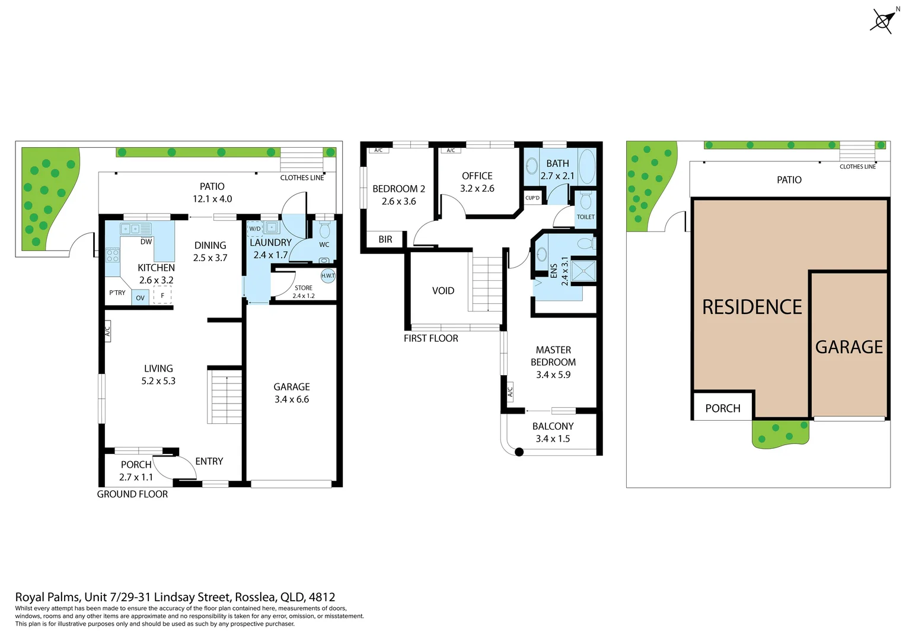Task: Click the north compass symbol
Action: tap(882, 21)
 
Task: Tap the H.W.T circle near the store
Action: tap(328, 276)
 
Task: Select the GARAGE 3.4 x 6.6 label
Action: tap(291, 393)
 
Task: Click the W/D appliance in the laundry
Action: tap(255, 229)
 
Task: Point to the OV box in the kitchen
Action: tap(140, 298)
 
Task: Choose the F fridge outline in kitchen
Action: tap(162, 295)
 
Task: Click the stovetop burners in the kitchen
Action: tap(112, 256)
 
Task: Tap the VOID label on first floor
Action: tap(443, 291)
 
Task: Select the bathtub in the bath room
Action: tap(586, 167)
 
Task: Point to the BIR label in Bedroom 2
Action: tap(385, 240)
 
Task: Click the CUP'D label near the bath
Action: tap(532, 198)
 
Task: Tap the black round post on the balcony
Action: tap(519, 452)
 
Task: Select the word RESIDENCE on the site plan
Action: tap(752, 307)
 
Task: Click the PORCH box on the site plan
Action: tap(723, 408)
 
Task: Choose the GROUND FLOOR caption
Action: tap(132, 494)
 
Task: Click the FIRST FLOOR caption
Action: tap(430, 338)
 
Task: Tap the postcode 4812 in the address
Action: tap(322, 597)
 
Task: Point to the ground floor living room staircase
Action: tap(225, 396)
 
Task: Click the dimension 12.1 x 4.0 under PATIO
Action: tap(212, 199)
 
